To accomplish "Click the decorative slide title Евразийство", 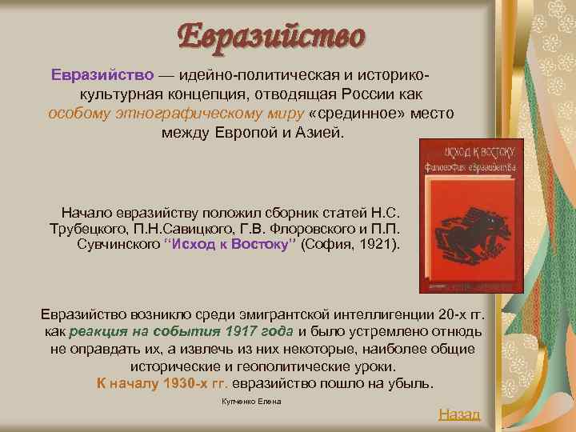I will [271, 36].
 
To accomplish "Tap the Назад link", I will [459, 414].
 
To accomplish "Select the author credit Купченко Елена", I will [251, 400].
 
